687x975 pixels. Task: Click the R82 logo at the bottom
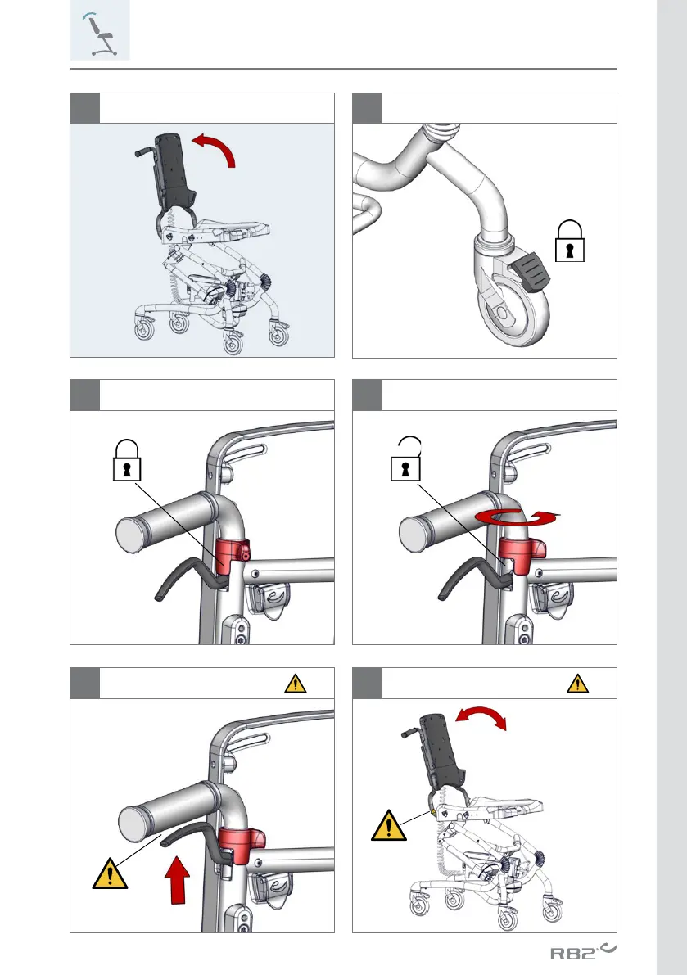pyautogui.click(x=583, y=951)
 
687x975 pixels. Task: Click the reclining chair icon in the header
pyautogui.click(x=99, y=35)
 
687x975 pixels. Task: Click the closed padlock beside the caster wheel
pyautogui.click(x=569, y=241)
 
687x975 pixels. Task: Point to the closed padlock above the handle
pyautogui.click(x=127, y=460)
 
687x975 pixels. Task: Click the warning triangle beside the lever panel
pyautogui.click(x=110, y=873)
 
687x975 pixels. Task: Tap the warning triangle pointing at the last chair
pyautogui.click(x=389, y=825)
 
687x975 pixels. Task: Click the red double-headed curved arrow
pyautogui.click(x=481, y=716)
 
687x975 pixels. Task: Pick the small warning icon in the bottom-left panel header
pyautogui.click(x=296, y=684)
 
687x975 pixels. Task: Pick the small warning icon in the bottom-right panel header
pyautogui.click(x=577, y=684)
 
